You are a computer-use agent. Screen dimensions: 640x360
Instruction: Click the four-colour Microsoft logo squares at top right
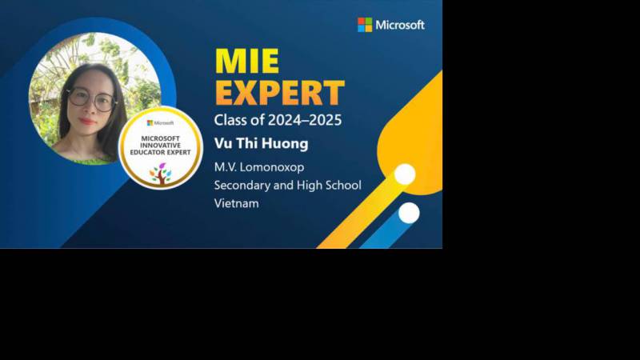click(x=365, y=25)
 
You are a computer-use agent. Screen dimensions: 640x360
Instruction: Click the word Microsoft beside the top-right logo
click(x=400, y=25)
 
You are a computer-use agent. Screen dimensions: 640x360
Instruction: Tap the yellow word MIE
click(x=247, y=61)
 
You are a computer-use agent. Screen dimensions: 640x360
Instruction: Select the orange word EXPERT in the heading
click(x=279, y=93)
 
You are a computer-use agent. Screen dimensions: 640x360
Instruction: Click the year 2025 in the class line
click(x=325, y=119)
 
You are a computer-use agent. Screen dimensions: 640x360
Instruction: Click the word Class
click(x=229, y=119)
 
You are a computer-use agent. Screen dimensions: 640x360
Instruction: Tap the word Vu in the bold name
click(x=223, y=143)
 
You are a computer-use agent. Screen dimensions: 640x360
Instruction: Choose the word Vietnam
click(x=237, y=203)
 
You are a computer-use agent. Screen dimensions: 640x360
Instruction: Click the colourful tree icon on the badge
click(x=161, y=173)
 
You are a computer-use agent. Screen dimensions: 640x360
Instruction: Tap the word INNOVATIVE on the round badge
click(x=161, y=146)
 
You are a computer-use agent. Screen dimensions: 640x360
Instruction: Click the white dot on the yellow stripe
click(x=405, y=174)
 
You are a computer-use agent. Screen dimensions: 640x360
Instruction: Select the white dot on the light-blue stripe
click(x=409, y=213)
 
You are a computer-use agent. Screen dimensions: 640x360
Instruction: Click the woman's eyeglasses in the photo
click(x=91, y=99)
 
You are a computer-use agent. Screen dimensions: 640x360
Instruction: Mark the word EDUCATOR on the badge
click(x=146, y=152)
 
